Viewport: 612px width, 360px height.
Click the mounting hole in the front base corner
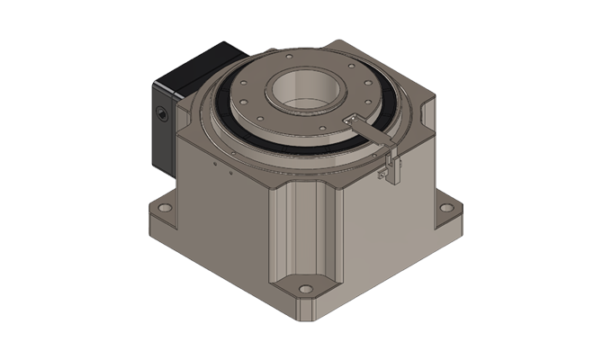304,292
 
